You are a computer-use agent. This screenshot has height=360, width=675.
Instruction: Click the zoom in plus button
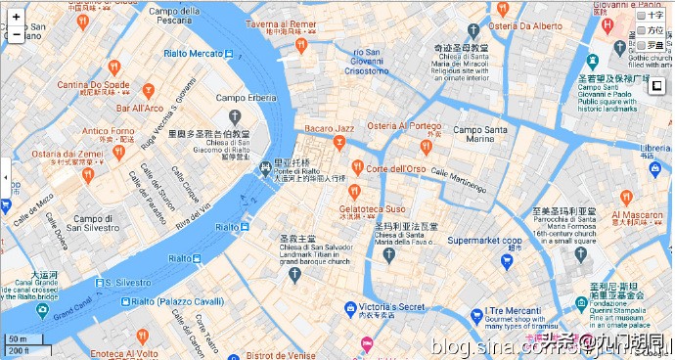point(16,18)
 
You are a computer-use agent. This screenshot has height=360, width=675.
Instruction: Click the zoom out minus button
point(16,34)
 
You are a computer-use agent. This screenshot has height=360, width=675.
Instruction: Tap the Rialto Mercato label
point(194,53)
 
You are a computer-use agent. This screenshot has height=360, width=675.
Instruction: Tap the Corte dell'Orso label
point(396,168)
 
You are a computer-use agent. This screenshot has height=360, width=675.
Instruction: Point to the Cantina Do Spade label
point(93,85)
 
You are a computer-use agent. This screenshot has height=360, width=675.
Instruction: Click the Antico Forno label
point(109,131)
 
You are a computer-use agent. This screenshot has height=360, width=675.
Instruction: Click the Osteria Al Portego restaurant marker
point(426,146)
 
